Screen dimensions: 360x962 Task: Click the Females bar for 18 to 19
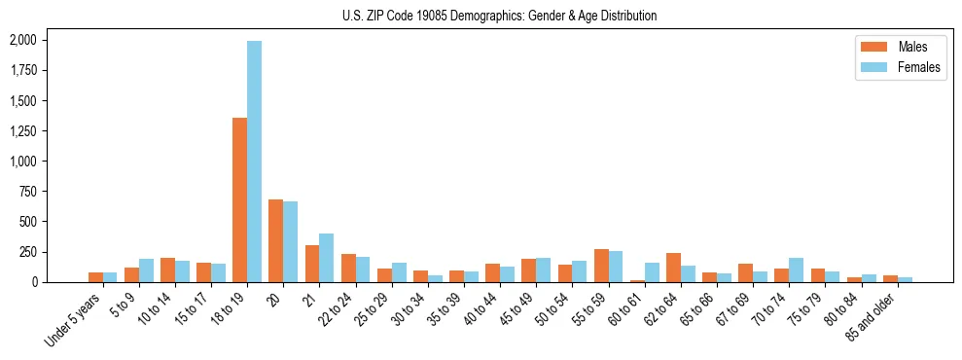pyautogui.click(x=254, y=162)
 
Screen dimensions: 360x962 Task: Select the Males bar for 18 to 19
pyautogui.click(x=239, y=199)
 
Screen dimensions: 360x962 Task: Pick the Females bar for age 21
pyautogui.click(x=326, y=258)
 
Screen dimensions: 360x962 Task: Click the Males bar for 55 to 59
pyautogui.click(x=601, y=266)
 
